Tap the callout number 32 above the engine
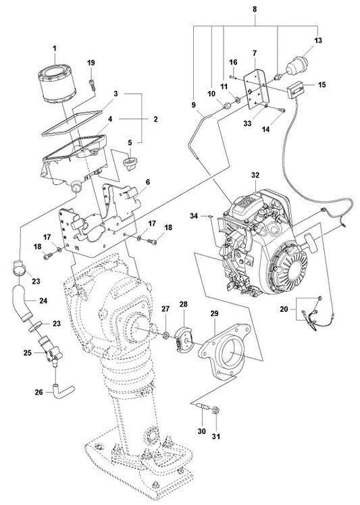click(x=255, y=176)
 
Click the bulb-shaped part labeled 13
click(x=297, y=67)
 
